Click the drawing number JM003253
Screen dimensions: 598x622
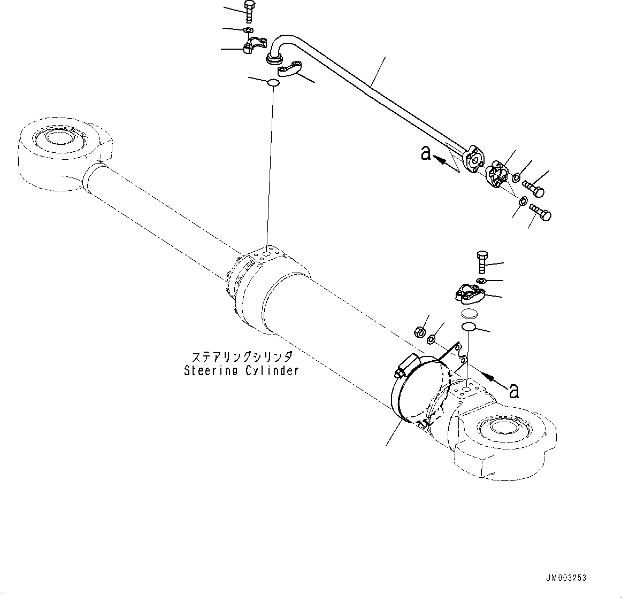click(x=566, y=578)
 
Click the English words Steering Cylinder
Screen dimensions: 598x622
click(x=241, y=370)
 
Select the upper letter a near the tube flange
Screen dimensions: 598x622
click(x=426, y=153)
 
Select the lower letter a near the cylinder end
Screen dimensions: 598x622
click(x=513, y=391)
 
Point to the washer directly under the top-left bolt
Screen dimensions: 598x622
click(x=249, y=30)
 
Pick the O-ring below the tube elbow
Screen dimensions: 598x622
click(x=273, y=83)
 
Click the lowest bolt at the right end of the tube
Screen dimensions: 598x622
click(x=540, y=213)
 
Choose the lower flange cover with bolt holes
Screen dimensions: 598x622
click(x=470, y=293)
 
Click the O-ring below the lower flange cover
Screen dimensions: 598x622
click(x=469, y=327)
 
